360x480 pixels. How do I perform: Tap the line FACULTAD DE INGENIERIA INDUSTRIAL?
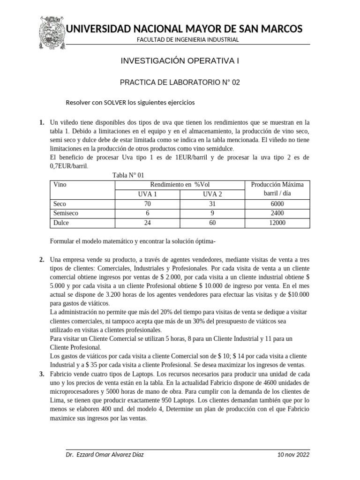187,39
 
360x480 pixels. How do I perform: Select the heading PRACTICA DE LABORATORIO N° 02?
180,82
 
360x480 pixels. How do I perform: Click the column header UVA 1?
148,194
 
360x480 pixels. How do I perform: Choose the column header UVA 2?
212,194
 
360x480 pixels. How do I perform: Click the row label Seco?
60,204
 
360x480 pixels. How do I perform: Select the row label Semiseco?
66,213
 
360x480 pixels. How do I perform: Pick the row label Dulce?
61,223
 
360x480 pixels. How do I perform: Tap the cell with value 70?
148,204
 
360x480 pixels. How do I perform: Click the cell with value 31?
212,204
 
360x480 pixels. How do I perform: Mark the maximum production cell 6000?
277,204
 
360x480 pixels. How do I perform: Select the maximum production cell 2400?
277,213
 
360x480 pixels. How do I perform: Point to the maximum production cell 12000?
277,223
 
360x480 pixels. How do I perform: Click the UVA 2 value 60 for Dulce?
212,223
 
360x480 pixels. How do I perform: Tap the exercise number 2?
42,260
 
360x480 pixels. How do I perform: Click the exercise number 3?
42,374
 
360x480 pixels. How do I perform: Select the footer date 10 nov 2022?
293,455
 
